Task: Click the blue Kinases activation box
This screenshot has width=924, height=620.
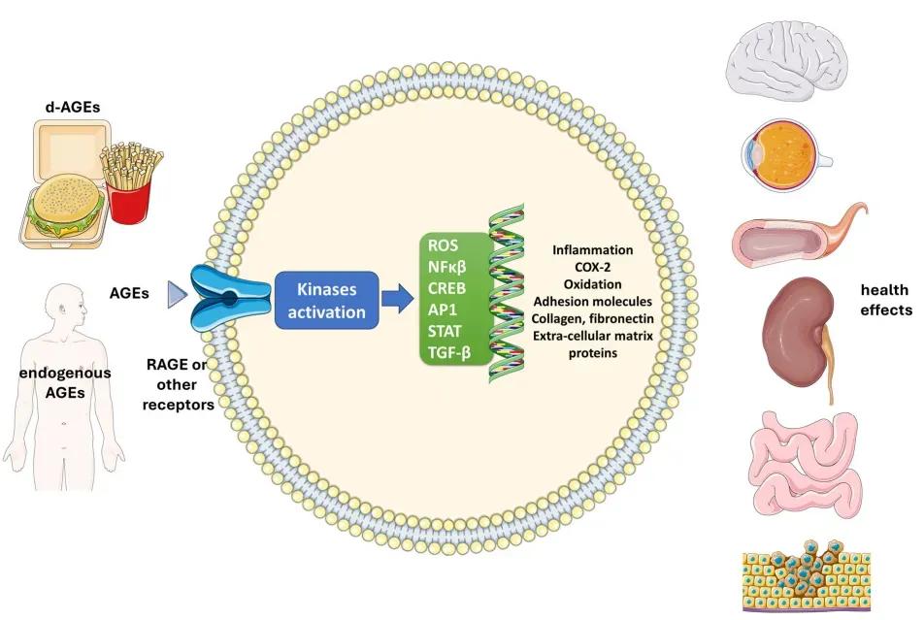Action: pyautogui.click(x=325, y=299)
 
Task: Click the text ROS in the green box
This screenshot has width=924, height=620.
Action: pyautogui.click(x=443, y=246)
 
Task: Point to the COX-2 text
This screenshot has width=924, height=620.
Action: pyautogui.click(x=592, y=268)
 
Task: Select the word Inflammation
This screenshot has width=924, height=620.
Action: pyautogui.click(x=592, y=250)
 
